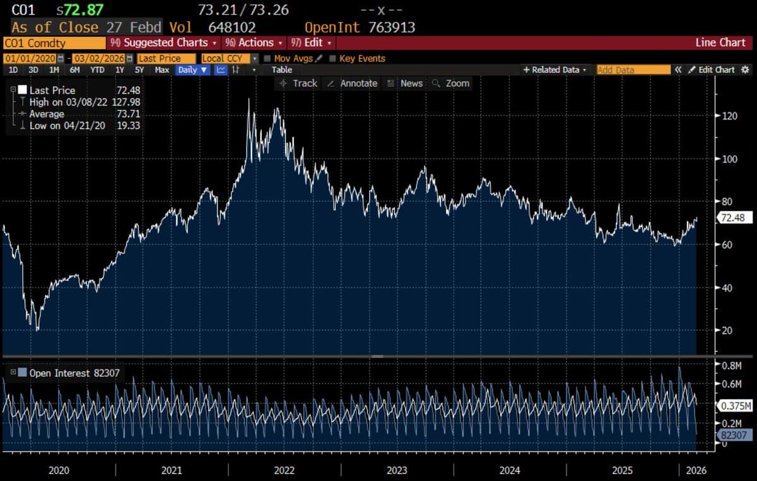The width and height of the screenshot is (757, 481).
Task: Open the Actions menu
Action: pyautogui.click(x=255, y=43)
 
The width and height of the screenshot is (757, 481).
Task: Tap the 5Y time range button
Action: pyautogui.click(x=139, y=70)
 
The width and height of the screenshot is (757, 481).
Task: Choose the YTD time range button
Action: pyautogui.click(x=97, y=70)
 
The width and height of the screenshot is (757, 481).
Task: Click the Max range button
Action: pyautogui.click(x=161, y=70)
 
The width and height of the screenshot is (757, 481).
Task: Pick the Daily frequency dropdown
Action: pyautogui.click(x=192, y=70)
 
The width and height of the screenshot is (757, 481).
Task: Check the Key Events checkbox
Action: pyautogui.click(x=332, y=59)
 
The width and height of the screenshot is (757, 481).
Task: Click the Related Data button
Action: pyautogui.click(x=555, y=70)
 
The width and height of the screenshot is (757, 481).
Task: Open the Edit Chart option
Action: pyautogui.click(x=711, y=70)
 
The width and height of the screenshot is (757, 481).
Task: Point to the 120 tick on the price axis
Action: pyautogui.click(x=730, y=116)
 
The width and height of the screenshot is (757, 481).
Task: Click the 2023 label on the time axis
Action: pyautogui.click(x=397, y=470)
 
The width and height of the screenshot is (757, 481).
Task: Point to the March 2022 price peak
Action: pyautogui.click(x=249, y=99)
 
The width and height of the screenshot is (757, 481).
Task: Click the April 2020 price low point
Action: pyautogui.click(x=37, y=330)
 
